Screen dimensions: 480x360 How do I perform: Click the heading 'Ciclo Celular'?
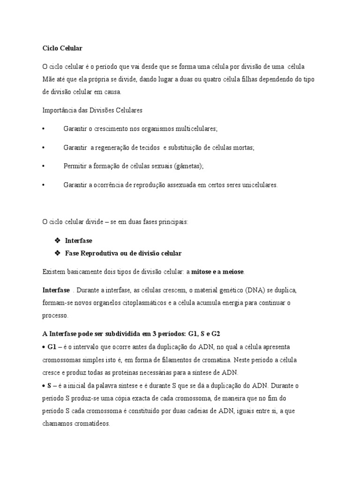click(x=62, y=48)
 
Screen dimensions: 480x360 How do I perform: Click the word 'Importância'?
click(x=59, y=111)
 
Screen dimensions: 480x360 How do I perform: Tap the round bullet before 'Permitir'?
click(x=44, y=166)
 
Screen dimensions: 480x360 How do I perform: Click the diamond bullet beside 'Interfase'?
click(x=57, y=240)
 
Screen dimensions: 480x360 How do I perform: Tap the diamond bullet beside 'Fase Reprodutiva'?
click(x=57, y=253)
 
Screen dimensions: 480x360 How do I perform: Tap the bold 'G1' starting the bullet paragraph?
click(x=52, y=347)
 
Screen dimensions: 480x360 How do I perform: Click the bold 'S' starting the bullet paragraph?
click(x=49, y=385)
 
